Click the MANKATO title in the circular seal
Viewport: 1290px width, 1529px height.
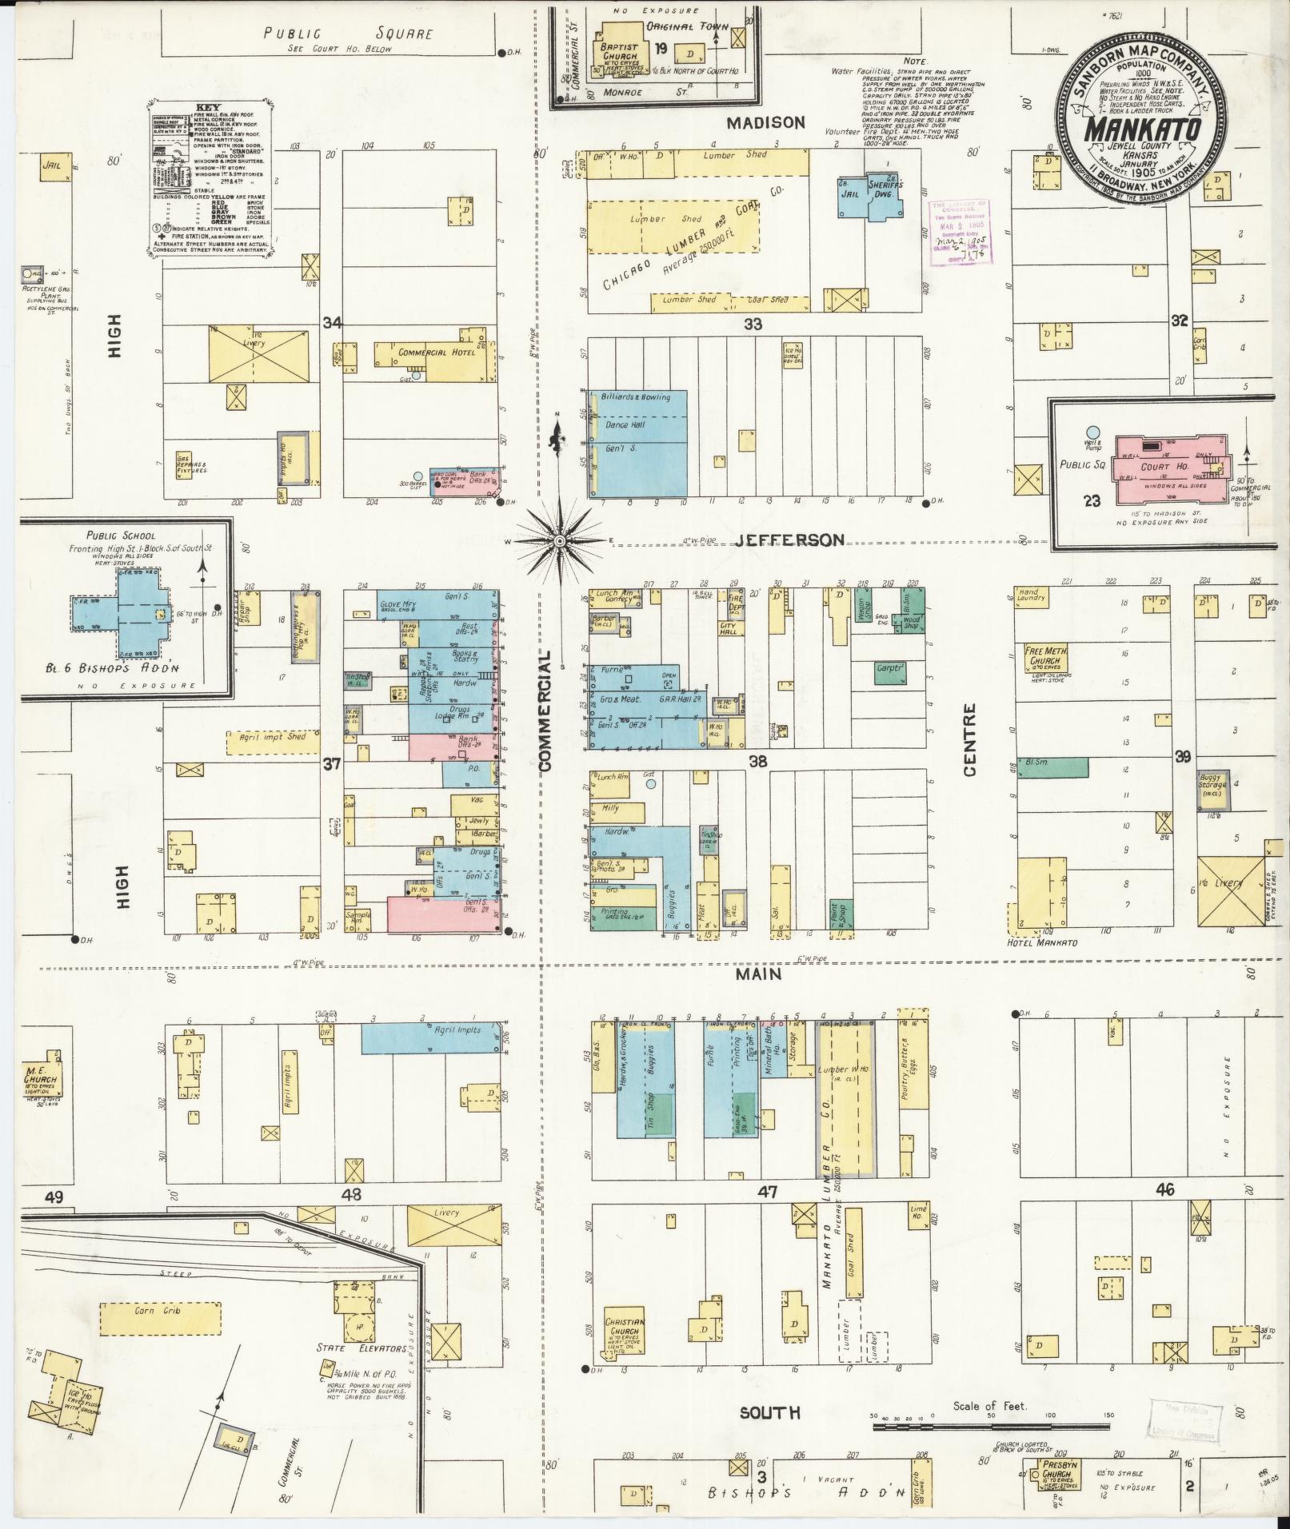pyautogui.click(x=1141, y=128)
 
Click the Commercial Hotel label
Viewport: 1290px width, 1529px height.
pyautogui.click(x=437, y=352)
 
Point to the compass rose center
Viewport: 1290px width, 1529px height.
pyautogui.click(x=560, y=541)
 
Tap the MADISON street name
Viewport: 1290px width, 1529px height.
pyautogui.click(x=765, y=122)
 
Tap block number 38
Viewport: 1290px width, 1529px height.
pyautogui.click(x=757, y=762)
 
